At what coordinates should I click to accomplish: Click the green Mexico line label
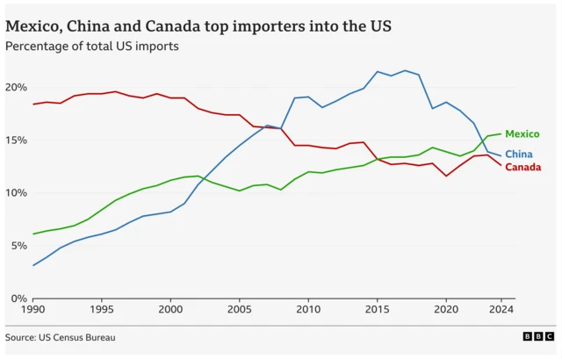tap(522, 134)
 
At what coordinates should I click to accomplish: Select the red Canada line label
tap(522, 167)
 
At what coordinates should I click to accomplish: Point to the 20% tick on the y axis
tap(16, 88)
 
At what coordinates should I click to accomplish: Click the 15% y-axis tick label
tap(16, 140)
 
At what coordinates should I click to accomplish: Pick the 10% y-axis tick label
tap(16, 193)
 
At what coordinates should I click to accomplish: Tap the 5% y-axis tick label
tap(18, 246)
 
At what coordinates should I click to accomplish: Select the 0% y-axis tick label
tap(18, 299)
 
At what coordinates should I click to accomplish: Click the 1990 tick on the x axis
tap(33, 310)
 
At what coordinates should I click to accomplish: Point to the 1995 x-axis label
tap(102, 310)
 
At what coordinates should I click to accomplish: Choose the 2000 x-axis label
tap(170, 310)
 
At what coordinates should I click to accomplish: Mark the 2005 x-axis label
tap(239, 310)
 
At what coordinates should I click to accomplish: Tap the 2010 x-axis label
tap(307, 310)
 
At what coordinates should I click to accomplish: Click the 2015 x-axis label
tap(377, 310)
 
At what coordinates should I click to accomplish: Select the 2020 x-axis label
tap(445, 310)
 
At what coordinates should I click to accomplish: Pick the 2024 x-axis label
tap(501, 310)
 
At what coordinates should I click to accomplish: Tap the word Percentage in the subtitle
tap(39, 46)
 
